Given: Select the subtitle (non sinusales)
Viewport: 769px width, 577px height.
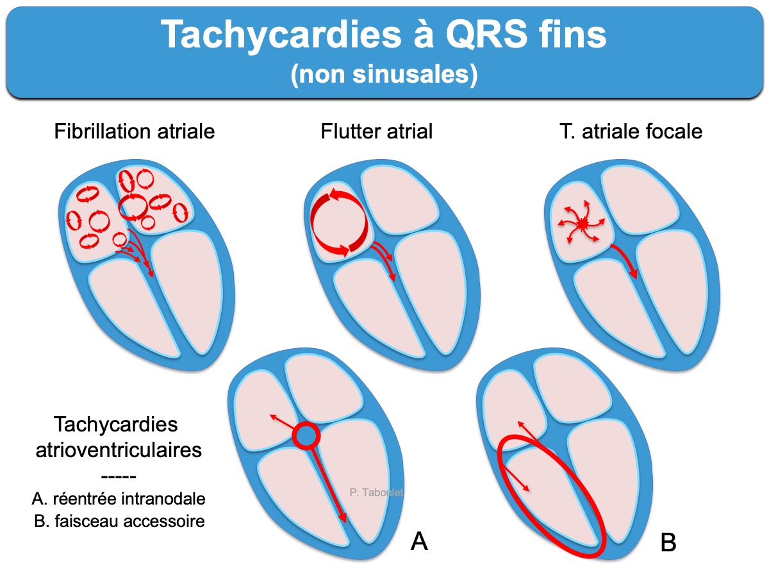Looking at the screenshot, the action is (x=384, y=74).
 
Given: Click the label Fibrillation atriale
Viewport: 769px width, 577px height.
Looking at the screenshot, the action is (x=134, y=131).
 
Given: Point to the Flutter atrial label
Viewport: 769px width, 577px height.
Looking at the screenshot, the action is (x=377, y=131).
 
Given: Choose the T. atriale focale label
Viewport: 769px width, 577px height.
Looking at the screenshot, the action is (x=631, y=131).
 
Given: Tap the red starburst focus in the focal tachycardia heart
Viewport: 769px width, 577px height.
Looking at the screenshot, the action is (x=581, y=222).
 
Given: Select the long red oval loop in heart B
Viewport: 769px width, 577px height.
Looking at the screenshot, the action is (x=552, y=496).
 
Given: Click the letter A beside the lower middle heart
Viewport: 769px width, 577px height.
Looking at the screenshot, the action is (x=419, y=542).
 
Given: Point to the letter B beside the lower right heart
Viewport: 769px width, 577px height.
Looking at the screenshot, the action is (x=668, y=542).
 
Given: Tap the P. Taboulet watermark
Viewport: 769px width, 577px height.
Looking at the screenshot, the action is (x=376, y=492).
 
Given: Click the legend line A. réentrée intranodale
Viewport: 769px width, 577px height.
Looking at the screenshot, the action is (x=119, y=499).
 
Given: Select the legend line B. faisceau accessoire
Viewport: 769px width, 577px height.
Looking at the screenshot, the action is (x=119, y=521).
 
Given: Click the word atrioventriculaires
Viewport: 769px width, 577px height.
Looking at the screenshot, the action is (x=119, y=450).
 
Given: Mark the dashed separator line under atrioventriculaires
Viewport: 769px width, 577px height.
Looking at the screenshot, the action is (x=119, y=477).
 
